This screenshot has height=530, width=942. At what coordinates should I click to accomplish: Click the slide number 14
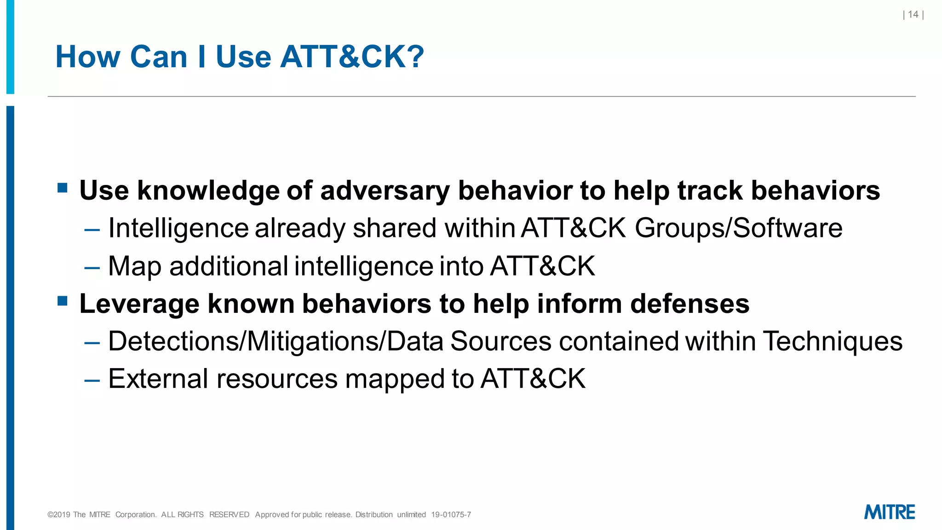point(913,15)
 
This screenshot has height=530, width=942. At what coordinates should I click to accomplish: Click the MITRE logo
point(889,512)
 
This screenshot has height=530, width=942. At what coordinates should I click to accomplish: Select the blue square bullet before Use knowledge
point(63,188)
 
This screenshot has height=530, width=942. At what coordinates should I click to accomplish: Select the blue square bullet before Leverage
point(63,301)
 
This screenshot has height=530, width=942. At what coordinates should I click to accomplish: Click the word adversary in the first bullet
point(385,190)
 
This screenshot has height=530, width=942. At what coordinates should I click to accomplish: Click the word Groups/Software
point(739,228)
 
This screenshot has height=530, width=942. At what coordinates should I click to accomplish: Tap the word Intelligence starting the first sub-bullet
point(178,228)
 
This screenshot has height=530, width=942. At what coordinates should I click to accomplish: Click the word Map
point(134,266)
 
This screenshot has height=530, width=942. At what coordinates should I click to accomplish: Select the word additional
point(229,266)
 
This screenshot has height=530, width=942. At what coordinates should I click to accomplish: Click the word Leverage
point(139,304)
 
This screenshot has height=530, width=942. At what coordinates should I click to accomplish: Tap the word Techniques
point(833,341)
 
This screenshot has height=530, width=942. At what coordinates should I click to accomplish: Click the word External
point(158,379)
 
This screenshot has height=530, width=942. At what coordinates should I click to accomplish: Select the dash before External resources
point(92,380)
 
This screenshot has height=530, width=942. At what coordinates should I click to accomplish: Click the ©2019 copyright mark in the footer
point(59,514)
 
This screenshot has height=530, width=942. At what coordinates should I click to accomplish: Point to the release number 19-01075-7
point(451,514)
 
